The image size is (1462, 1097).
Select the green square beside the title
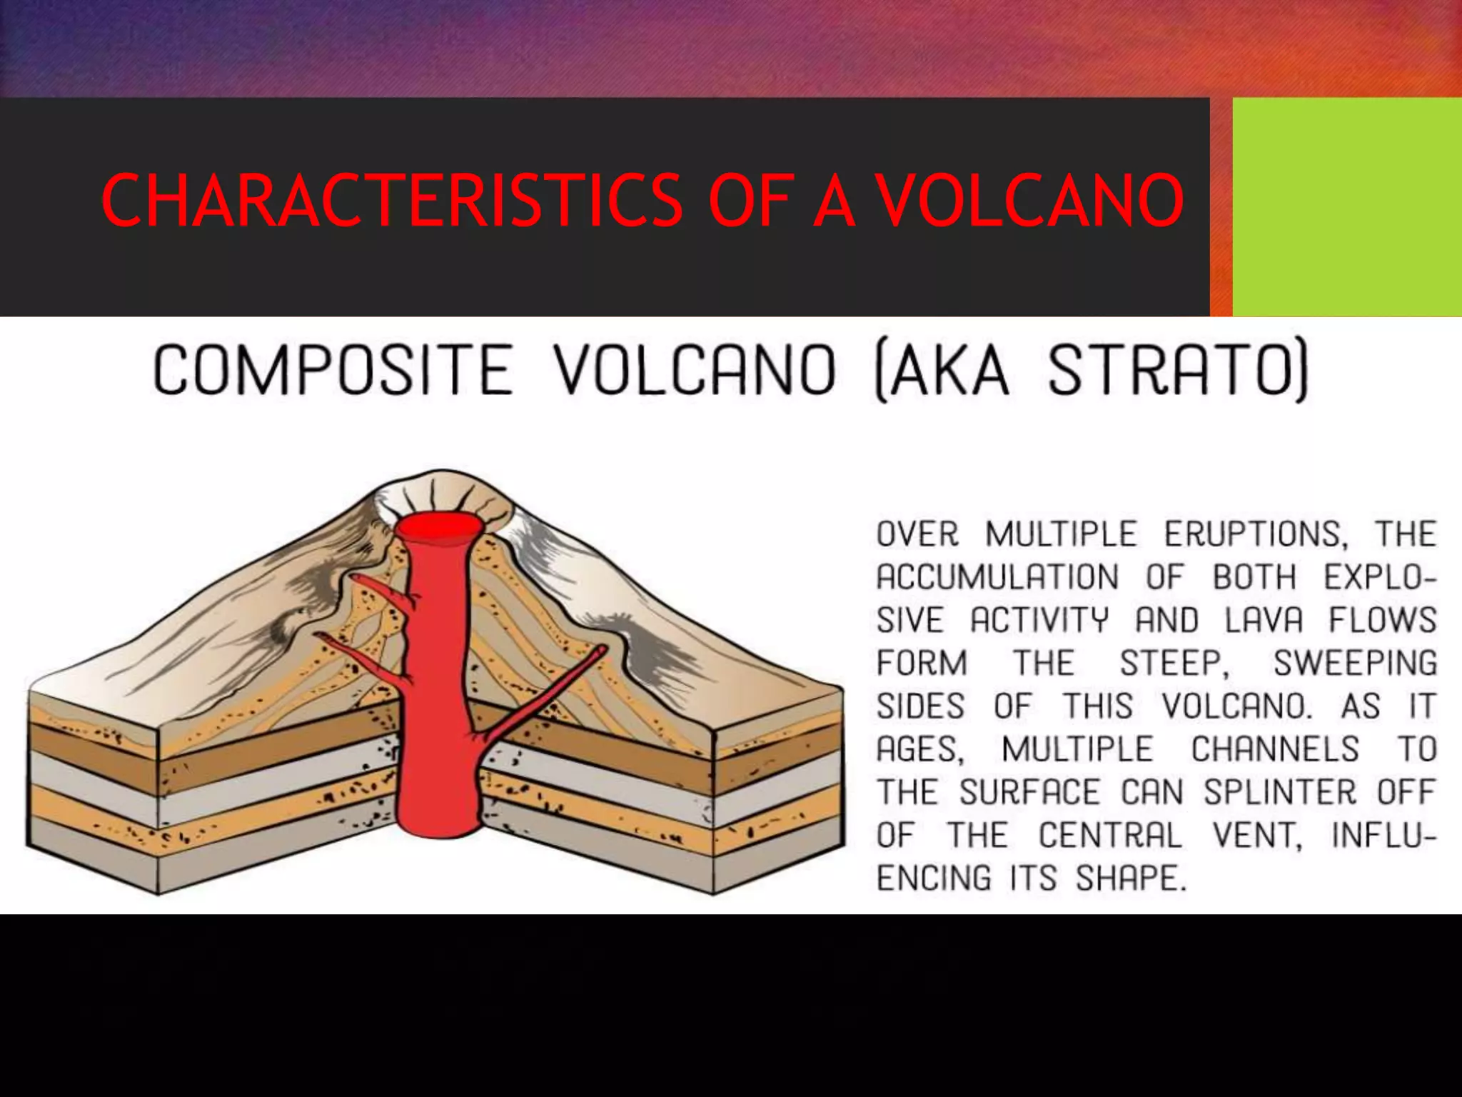pyautogui.click(x=1346, y=207)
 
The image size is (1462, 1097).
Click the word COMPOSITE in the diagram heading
pyautogui.click(x=333, y=370)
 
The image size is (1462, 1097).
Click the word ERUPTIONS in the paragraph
pyautogui.click(x=1256, y=534)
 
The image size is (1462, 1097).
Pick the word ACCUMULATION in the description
pyautogui.click(x=998, y=577)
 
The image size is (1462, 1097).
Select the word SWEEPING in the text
pyautogui.click(x=1354, y=663)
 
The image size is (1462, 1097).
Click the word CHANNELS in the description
pyautogui.click(x=1275, y=749)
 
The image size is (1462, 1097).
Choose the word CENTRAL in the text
pyautogui.click(x=1110, y=835)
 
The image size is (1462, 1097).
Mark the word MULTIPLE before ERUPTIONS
pyautogui.click(x=1061, y=534)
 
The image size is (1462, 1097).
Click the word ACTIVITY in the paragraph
pyautogui.click(x=1039, y=620)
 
